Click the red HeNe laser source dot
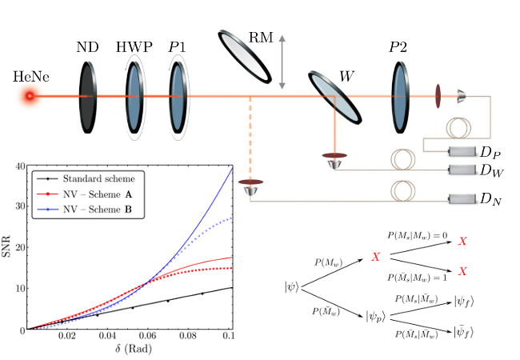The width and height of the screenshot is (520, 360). tap(30, 97)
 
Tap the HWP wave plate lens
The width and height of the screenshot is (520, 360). tap(134, 96)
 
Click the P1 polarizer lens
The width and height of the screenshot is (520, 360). tap(178, 96)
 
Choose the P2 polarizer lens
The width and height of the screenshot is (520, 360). tap(400, 96)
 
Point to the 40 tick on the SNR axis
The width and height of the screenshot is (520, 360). tap(18, 166)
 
